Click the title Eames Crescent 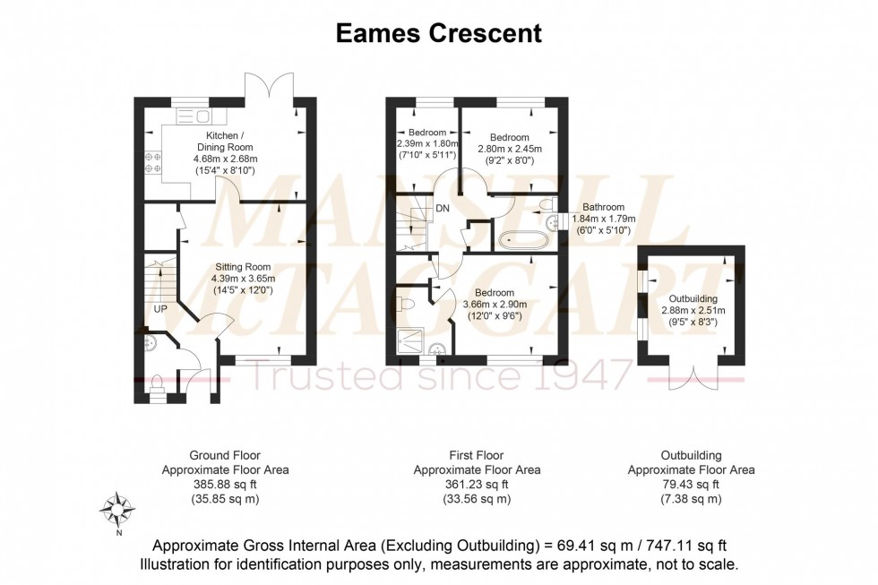(438, 34)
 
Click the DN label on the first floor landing (442, 209)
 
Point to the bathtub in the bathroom (524, 239)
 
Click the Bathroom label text (605, 206)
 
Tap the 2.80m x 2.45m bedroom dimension (509, 149)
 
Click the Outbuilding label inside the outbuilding (693, 299)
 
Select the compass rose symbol (117, 509)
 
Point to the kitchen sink (191, 115)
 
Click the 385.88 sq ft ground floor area (225, 484)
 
